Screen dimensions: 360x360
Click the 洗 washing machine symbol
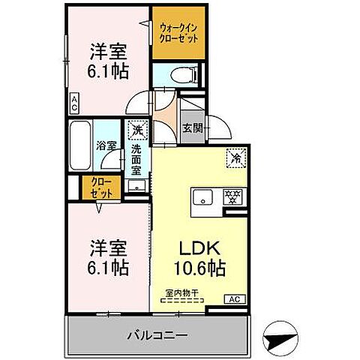pyautogui.click(x=137, y=130)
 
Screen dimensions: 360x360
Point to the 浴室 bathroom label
pyautogui.click(x=105, y=146)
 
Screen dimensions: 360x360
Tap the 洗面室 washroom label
pyautogui.click(x=136, y=160)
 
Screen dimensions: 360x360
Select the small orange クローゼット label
pyautogui.click(x=99, y=187)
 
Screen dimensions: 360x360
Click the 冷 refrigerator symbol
pyautogui.click(x=235, y=157)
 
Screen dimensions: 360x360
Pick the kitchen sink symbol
pyautogui.click(x=202, y=198)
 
